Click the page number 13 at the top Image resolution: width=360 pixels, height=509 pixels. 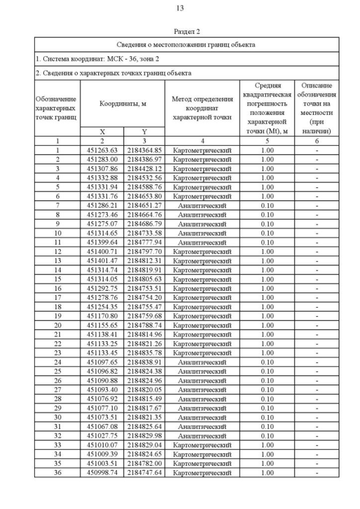tap(180, 8)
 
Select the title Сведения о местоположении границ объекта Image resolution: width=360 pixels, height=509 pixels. tap(186, 44)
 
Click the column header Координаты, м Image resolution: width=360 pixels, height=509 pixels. tap(123, 103)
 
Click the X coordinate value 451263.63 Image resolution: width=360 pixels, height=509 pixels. tap(101, 150)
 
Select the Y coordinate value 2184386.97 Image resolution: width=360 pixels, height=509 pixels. tap(144, 159)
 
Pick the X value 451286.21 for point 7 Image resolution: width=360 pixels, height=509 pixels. tap(101, 206)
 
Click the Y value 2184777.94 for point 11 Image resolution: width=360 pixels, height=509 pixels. tap(144, 242)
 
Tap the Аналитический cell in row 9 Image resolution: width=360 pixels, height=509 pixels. tap(202, 224)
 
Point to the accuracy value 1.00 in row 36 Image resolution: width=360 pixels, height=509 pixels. tap(267, 473)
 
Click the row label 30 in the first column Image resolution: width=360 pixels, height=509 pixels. tap(57, 417)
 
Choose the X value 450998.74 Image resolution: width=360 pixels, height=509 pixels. tap(101, 473)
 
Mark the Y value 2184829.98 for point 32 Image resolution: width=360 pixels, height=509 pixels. tap(144, 436)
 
